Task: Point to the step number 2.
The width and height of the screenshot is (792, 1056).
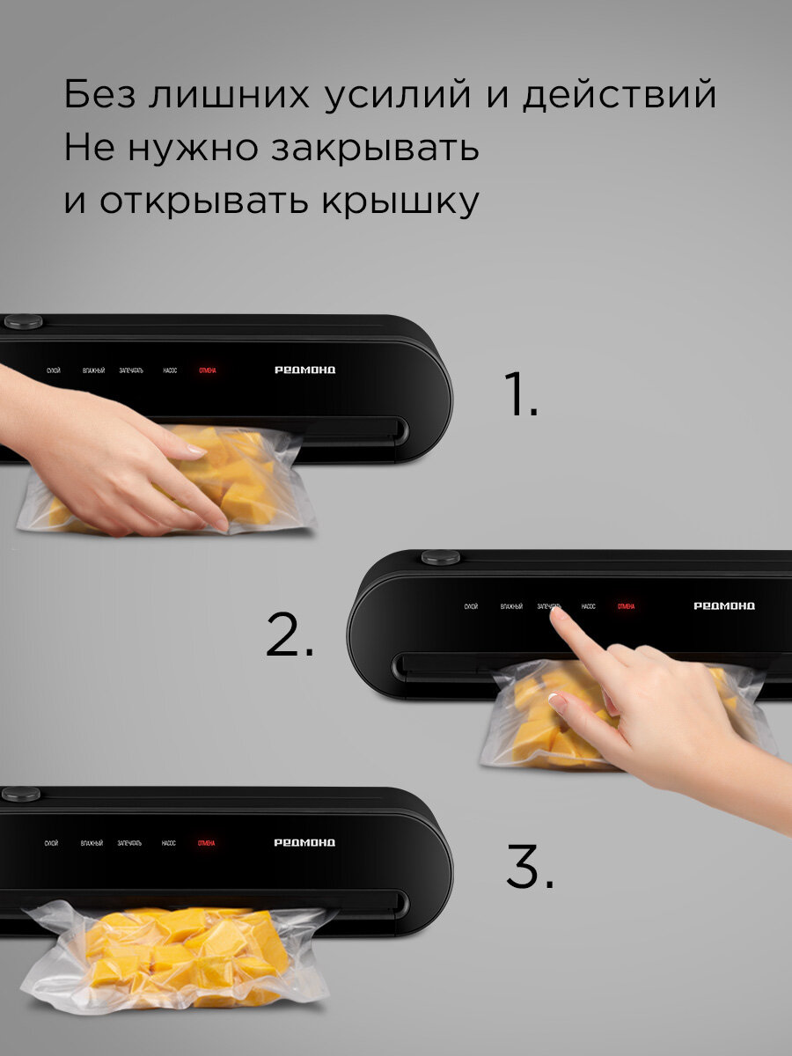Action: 290,636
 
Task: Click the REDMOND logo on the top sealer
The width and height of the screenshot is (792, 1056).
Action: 304,370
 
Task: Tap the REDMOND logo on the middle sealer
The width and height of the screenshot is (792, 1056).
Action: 724,606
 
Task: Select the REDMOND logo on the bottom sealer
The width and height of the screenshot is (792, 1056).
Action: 304,843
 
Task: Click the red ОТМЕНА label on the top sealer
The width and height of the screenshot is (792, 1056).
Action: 208,370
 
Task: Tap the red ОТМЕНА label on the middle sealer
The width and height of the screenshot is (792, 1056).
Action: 626,606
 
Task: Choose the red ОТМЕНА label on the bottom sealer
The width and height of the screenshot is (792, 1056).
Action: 206,843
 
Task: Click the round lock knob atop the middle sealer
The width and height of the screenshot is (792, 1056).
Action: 440,557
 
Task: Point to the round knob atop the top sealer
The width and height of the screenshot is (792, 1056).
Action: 23,321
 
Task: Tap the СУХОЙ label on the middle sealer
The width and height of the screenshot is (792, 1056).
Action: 471,606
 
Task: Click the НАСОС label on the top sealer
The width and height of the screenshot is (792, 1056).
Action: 170,370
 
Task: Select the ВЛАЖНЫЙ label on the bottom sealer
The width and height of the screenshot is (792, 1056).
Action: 92,843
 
